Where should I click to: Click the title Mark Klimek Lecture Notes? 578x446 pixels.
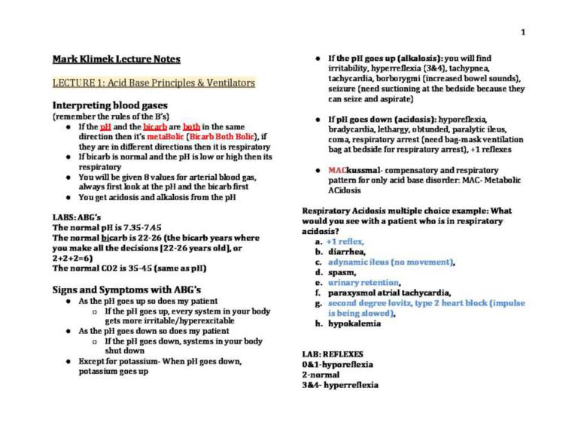[x=116, y=59]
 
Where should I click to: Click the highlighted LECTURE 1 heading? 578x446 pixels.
[x=154, y=83]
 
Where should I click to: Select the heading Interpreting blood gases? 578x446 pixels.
[x=110, y=105]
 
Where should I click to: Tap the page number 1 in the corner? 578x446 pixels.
[x=522, y=32]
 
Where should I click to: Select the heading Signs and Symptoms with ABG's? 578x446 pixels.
[x=126, y=290]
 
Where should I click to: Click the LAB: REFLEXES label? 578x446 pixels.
[x=332, y=353]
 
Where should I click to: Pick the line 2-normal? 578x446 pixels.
[x=321, y=375]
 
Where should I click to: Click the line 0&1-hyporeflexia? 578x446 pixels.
[x=337, y=364]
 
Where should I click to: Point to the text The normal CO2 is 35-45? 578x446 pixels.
[x=129, y=269]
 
